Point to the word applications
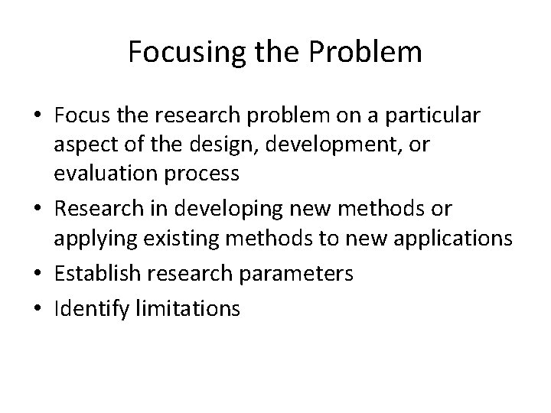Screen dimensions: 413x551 [448, 239]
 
